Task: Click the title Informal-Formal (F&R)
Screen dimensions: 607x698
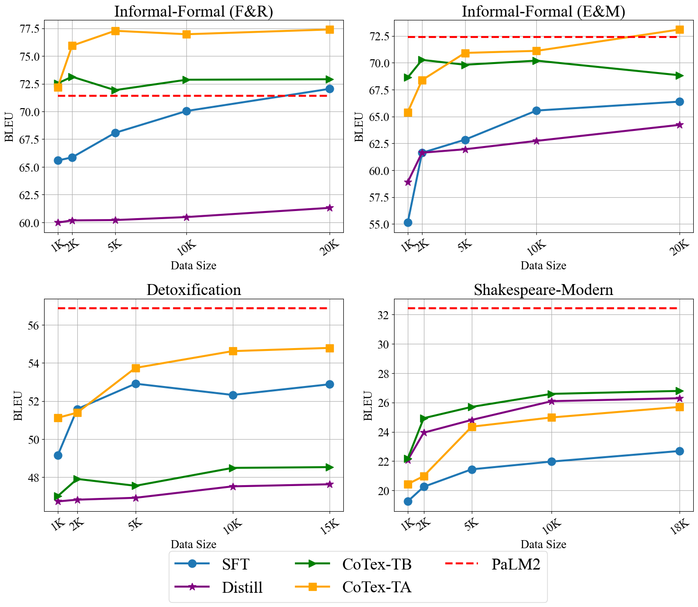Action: pos(193,11)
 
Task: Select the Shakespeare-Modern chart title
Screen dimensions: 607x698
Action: pos(543,290)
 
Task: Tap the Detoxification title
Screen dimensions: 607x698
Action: pos(193,290)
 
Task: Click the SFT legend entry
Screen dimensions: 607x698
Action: pos(235,564)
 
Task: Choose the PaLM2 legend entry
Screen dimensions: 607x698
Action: pos(515,564)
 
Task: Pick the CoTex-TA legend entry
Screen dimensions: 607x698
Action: pos(377,587)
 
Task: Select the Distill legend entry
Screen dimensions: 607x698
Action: pos(242,587)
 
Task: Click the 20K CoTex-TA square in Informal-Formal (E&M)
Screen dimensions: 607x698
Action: pos(679,29)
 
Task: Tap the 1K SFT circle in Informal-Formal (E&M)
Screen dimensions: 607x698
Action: pos(408,222)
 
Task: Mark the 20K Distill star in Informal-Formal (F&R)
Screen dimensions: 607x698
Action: pos(330,208)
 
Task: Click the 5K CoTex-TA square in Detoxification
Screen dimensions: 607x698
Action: pos(136,368)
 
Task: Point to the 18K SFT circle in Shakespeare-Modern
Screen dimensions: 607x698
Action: pos(679,451)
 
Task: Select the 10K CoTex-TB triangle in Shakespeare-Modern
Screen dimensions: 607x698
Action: pos(551,394)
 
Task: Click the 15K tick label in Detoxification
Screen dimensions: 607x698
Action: pos(328,527)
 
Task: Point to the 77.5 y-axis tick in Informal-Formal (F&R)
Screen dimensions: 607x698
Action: pos(29,29)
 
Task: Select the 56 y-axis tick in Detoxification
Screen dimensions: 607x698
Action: pos(34,325)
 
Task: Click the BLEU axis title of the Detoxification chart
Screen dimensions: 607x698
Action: pos(18,405)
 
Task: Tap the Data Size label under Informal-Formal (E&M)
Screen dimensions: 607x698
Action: pos(543,266)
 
